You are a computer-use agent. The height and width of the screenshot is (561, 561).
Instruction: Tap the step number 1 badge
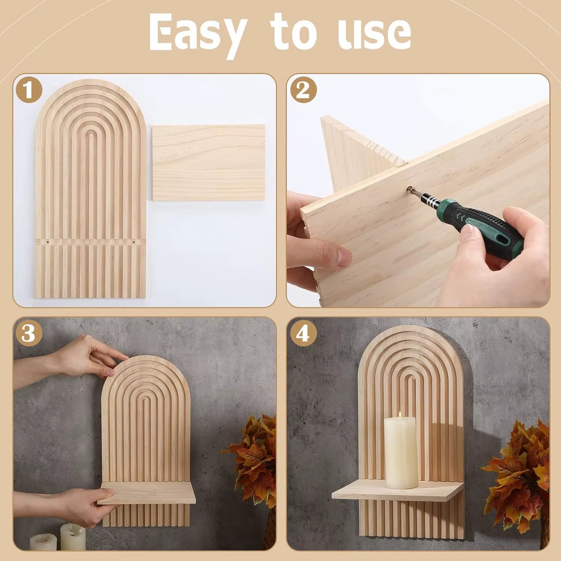[29, 90]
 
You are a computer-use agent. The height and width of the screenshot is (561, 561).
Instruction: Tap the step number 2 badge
[303, 90]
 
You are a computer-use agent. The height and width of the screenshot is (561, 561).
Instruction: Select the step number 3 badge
[29, 333]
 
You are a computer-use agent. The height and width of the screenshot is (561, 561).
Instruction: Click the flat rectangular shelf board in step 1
[208, 162]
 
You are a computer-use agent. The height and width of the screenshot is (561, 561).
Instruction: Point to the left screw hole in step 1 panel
[48, 242]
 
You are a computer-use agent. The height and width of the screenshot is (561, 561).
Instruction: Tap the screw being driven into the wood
[410, 190]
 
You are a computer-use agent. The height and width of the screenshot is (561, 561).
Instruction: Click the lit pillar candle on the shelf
[401, 452]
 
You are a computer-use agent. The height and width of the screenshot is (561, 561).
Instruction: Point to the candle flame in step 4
[400, 415]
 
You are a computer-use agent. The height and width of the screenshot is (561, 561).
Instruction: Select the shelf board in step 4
[398, 492]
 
